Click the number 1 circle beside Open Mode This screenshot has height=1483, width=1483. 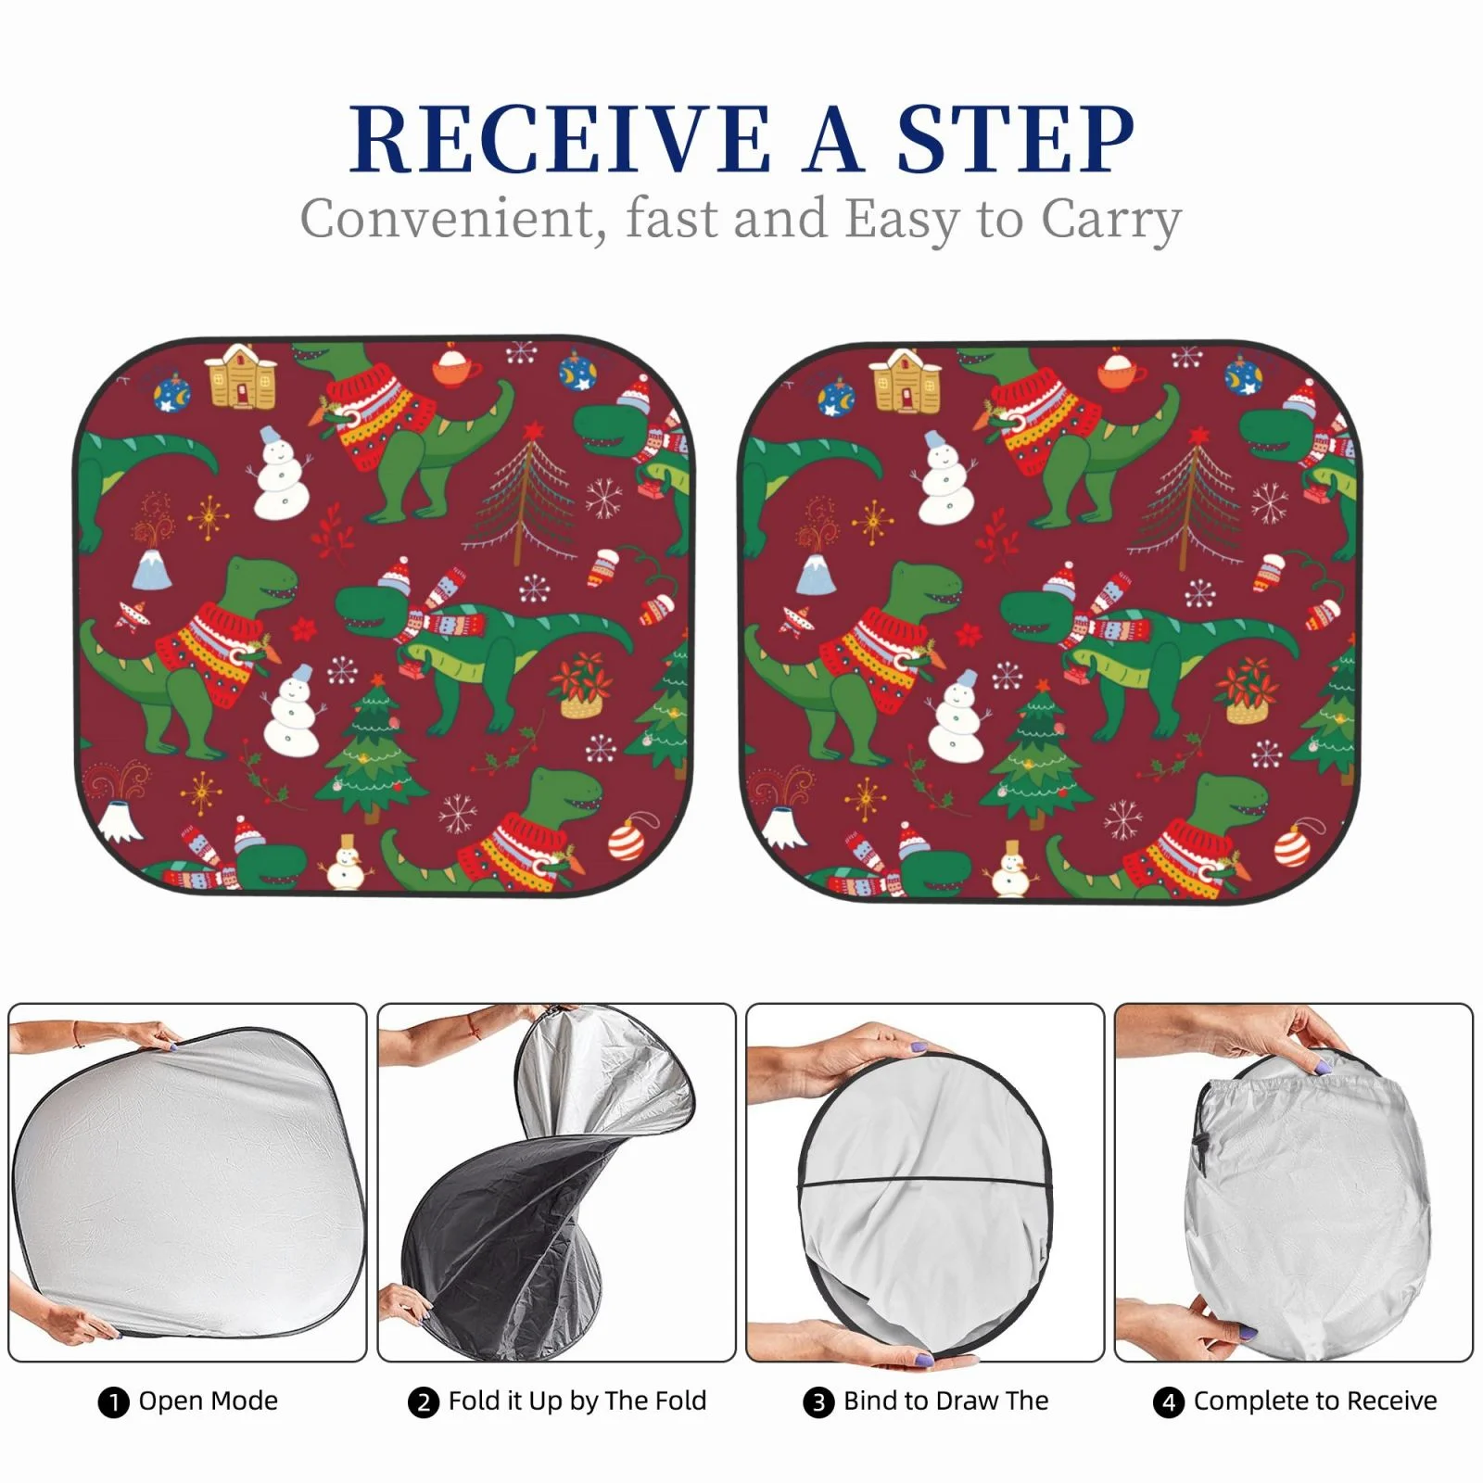pyautogui.click(x=113, y=1402)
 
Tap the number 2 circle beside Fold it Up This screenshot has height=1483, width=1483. pyautogui.click(x=423, y=1402)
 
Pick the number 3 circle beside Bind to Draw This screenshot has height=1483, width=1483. pyautogui.click(x=818, y=1402)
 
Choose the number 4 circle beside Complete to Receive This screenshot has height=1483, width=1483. pyautogui.click(x=1168, y=1402)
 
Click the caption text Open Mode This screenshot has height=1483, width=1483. pyautogui.click(x=209, y=1401)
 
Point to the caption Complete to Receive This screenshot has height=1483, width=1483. pyautogui.click(x=1315, y=1401)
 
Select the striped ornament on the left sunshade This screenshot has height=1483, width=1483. pyautogui.click(x=627, y=838)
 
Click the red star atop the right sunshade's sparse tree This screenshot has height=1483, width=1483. pyautogui.click(x=1199, y=435)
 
